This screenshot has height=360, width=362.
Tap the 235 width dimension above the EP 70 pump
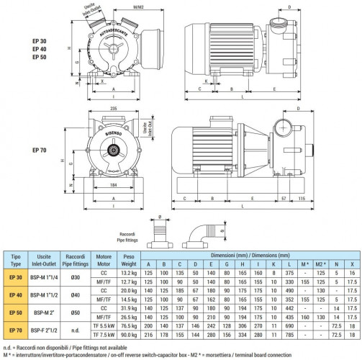point(109,108)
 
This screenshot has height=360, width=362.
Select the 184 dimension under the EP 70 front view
point(108,186)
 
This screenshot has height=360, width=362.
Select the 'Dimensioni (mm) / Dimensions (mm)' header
point(250,255)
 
